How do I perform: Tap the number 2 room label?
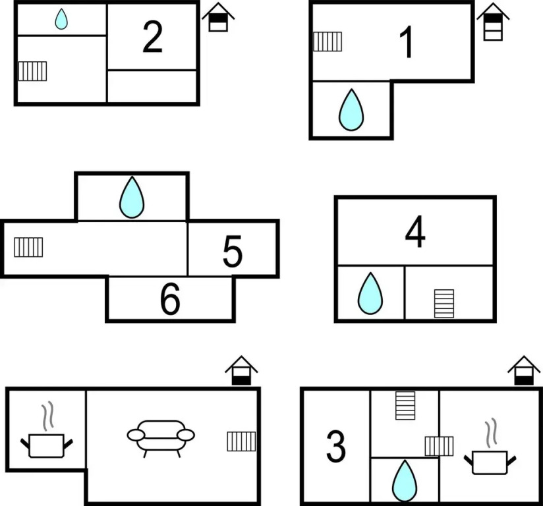pos(152,37)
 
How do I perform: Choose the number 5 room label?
pos(233,252)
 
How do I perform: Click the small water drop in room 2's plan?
pos(61,19)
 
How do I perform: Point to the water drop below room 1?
pos(351,109)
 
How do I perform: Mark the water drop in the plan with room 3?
pos(404,481)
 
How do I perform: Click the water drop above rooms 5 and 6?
pos(132,197)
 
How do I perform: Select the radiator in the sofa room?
pos(241,441)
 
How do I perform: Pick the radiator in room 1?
pos(327,42)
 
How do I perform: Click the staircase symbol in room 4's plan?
pos(444,303)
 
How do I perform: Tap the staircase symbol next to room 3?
pos(405,405)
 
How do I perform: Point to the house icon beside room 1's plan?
pos(493,21)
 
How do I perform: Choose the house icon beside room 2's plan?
pos(218,17)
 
